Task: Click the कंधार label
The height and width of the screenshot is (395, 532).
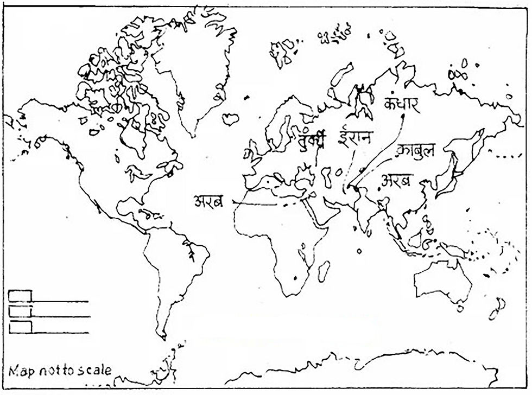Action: point(401,104)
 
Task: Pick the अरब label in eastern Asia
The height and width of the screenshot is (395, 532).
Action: point(397,181)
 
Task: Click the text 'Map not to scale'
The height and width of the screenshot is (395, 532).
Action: point(60,371)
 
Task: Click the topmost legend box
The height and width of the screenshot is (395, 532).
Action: point(21,296)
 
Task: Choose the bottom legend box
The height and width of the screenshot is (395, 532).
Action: point(21,327)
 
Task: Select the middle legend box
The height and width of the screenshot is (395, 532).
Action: point(21,311)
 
